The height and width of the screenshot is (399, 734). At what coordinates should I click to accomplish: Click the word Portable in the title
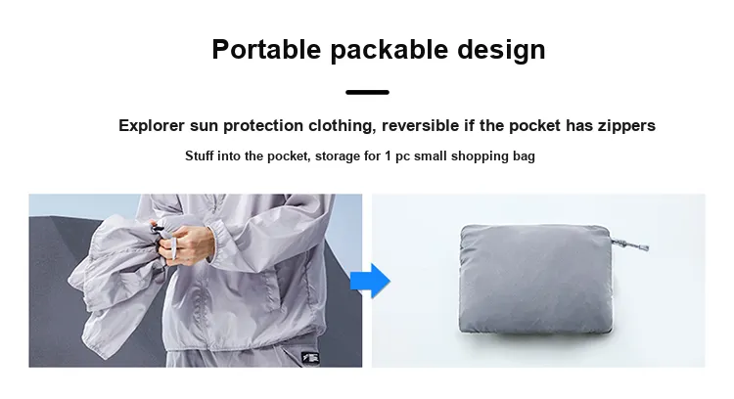(266, 49)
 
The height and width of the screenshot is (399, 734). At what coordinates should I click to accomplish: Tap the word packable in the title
(389, 50)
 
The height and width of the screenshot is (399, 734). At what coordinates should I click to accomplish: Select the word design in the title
(501, 50)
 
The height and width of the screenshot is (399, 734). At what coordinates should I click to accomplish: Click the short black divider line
(367, 92)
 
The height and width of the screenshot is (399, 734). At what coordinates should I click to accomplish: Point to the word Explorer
(152, 126)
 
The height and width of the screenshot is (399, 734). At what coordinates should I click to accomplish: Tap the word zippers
(626, 126)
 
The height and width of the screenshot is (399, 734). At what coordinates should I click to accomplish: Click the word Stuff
(199, 155)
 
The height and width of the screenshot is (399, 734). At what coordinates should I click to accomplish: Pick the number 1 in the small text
(388, 155)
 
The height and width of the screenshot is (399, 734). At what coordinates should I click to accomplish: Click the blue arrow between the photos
(370, 281)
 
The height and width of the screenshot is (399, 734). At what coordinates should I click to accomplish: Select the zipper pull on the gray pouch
(630, 244)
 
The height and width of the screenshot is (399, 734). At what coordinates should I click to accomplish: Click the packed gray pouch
(536, 280)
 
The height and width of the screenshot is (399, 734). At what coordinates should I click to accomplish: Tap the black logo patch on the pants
(310, 358)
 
